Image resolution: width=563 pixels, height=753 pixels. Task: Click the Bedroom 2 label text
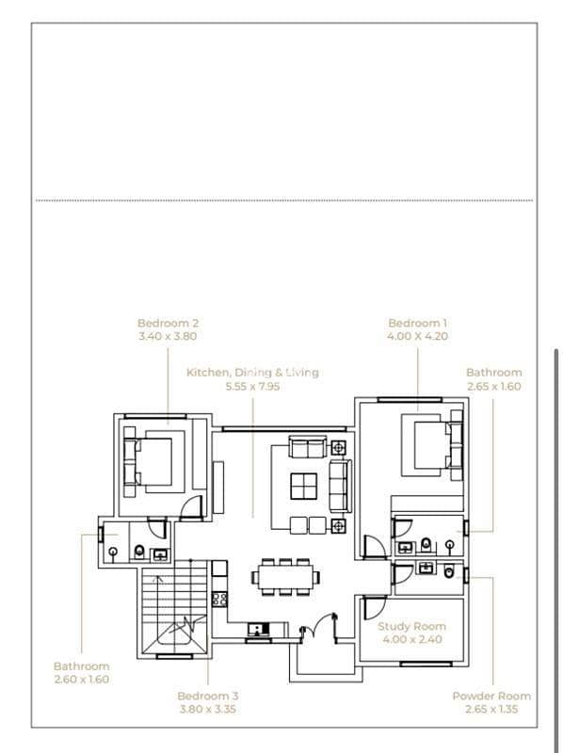(168, 323)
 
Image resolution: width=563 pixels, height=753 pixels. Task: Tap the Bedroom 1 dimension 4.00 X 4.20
(417, 336)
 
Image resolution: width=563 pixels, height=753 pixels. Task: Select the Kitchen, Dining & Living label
(252, 372)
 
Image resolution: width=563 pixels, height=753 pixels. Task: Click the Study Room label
(411, 626)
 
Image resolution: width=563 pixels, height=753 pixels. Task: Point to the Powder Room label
(491, 696)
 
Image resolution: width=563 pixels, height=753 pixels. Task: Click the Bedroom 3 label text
(207, 696)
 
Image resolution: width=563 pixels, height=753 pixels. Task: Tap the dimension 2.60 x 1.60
(82, 679)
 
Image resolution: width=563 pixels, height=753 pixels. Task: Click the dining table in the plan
(285, 576)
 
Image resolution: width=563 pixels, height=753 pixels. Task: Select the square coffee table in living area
(303, 486)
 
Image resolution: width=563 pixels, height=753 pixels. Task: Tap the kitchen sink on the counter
(259, 629)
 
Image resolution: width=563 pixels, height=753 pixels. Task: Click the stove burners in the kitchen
(219, 599)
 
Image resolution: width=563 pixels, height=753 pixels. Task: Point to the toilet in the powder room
(449, 571)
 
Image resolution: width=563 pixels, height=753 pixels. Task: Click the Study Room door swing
(375, 608)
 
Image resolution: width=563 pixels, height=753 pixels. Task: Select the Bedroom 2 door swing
(191, 507)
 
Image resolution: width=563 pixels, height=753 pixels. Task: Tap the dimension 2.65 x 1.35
(491, 709)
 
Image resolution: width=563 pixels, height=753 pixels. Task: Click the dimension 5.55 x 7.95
(252, 386)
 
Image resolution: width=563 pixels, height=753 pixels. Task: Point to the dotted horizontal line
(284, 200)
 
